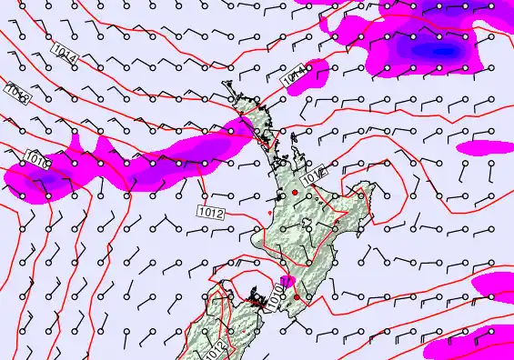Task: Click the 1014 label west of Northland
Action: coord(65,54)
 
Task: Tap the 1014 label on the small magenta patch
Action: coord(295,79)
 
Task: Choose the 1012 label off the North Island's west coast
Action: coord(211,212)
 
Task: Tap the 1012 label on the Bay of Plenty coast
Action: coord(315,172)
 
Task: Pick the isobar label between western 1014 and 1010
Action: coord(19,92)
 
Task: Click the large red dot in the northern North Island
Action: coord(295,193)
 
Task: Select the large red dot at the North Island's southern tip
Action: coord(297,296)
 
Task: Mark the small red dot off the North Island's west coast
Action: coord(270,214)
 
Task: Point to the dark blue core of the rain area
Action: coord(443,50)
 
